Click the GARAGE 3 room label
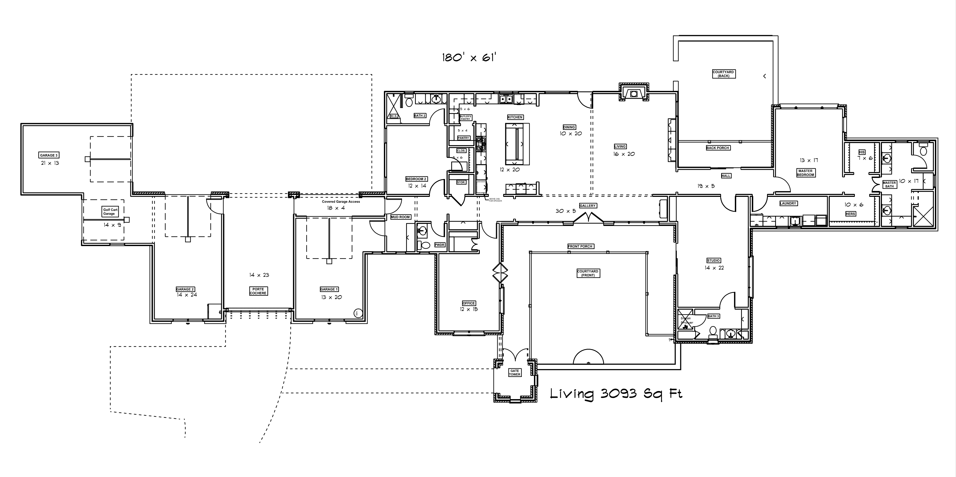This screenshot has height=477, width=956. click(49, 155)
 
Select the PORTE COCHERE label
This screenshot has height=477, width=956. click(258, 291)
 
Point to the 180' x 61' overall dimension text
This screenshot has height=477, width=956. click(469, 58)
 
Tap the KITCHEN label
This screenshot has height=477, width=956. click(515, 117)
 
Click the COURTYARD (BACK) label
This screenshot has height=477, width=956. click(723, 74)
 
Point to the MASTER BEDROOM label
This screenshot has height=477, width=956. click(805, 173)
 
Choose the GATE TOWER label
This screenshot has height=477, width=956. click(514, 372)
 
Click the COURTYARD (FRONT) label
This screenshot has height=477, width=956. click(587, 273)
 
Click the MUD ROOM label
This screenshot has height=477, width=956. click(400, 217)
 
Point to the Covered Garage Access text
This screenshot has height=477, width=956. click(341, 201)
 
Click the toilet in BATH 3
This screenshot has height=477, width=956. click(713, 332)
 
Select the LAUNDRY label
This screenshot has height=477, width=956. click(788, 203)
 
